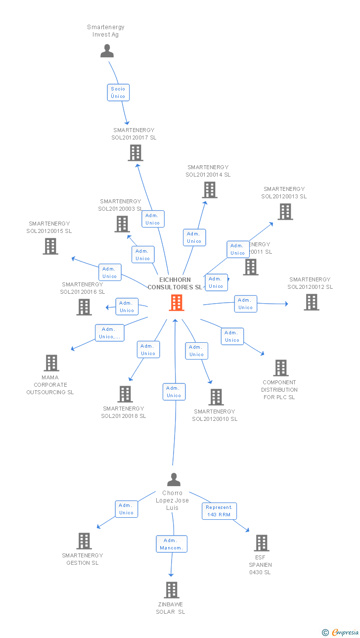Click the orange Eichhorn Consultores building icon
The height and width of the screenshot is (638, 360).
[177, 303]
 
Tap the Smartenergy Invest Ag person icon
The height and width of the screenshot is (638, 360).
[107, 51]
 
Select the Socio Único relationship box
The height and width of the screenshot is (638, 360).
[118, 92]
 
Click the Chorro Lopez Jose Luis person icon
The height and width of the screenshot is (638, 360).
[174, 480]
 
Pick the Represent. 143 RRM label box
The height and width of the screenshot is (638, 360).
[219, 511]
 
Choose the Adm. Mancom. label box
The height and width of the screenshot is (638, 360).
[172, 544]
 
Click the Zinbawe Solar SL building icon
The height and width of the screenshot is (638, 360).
[172, 590]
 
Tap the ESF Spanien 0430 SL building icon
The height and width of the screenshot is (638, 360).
[262, 543]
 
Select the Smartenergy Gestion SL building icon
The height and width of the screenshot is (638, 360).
[84, 541]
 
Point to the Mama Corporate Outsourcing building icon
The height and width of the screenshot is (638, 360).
[51, 363]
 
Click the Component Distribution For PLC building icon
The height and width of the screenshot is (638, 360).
[281, 368]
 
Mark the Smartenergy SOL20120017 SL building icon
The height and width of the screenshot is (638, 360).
[135, 153]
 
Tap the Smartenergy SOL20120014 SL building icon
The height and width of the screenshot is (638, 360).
[210, 190]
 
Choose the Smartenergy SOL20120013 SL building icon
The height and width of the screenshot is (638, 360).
[285, 212]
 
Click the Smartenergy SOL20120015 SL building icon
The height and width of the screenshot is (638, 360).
[50, 246]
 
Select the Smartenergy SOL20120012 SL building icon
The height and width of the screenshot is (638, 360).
[311, 302]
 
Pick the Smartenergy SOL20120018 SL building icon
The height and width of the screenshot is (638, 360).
[125, 394]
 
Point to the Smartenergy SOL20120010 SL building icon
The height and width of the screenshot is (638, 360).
[216, 397]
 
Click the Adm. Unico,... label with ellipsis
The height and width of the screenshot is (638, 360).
[109, 333]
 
